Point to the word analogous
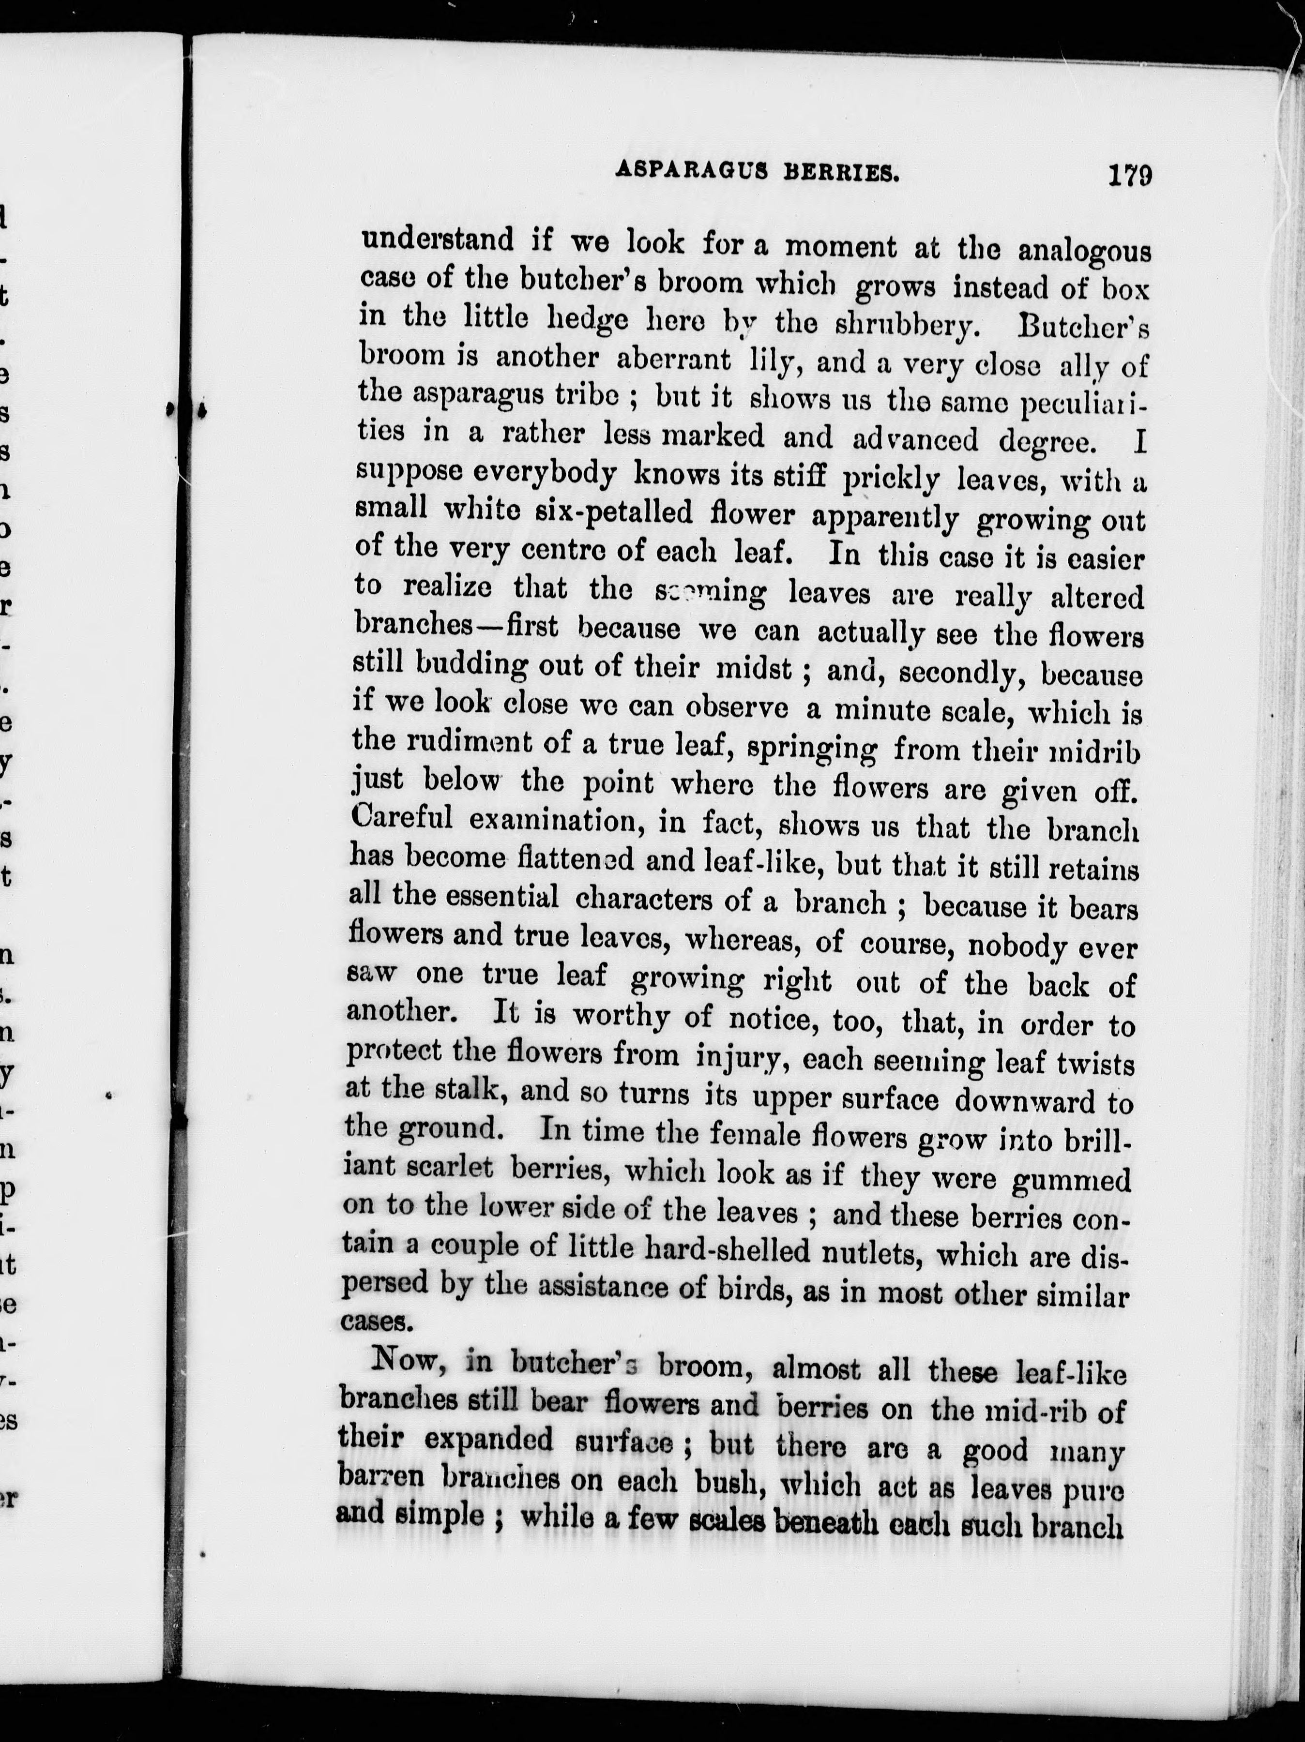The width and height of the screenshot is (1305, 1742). point(1084,252)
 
